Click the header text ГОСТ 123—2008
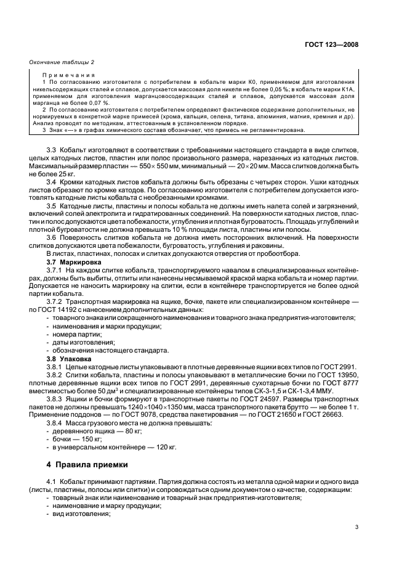333,44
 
